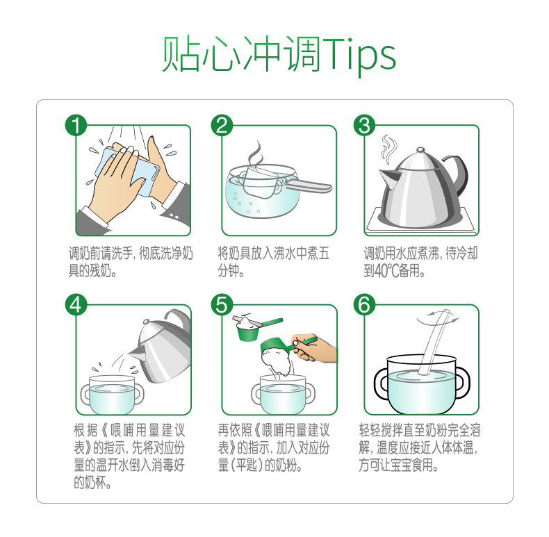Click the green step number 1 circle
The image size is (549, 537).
(x=76, y=125)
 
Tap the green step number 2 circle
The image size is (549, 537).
(x=222, y=125)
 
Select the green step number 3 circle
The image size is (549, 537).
(x=364, y=125)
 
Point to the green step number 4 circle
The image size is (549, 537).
(x=76, y=305)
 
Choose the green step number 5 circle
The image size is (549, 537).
(x=222, y=305)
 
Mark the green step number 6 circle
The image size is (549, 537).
(x=364, y=305)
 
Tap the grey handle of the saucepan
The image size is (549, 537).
(x=308, y=185)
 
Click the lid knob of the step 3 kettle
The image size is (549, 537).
(x=420, y=150)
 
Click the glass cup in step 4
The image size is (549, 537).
(x=112, y=395)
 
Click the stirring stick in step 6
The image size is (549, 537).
(x=434, y=342)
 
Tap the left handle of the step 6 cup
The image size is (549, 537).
(x=382, y=383)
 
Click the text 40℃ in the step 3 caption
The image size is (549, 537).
(x=386, y=270)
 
